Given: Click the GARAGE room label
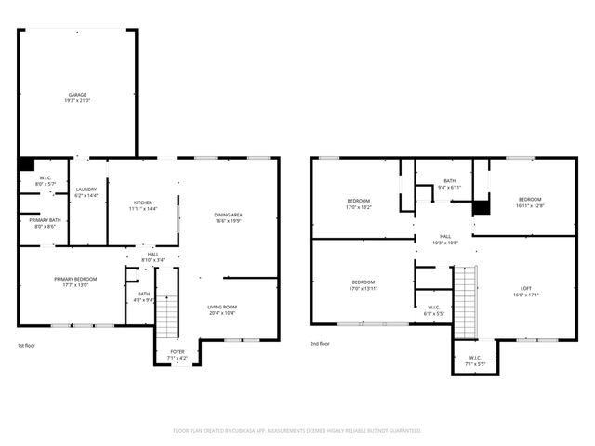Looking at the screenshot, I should point(78,95).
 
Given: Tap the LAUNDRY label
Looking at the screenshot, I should point(86,189).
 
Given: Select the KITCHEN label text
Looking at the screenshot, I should point(143,203).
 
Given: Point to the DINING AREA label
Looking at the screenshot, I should point(229,215).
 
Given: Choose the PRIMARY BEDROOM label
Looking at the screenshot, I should point(75,279).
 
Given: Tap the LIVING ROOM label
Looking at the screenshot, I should point(222,307).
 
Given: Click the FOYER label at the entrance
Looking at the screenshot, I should point(177,352).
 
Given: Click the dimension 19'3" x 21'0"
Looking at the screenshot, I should point(78,100).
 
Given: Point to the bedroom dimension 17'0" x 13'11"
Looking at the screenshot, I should point(363,288).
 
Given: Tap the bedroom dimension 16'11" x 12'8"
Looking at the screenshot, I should point(530,205).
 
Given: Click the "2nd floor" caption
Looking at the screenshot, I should point(321,344).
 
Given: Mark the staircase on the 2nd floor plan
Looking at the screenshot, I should point(464,301).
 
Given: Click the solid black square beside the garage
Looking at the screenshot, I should point(26,164).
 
